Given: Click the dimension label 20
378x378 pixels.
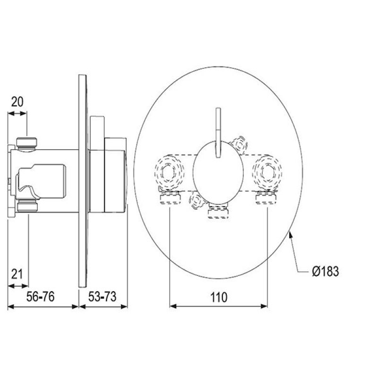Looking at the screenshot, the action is [x=17, y=102].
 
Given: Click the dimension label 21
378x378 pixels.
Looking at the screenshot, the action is [x=17, y=274].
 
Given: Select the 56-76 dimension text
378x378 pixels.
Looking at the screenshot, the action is [x=40, y=296].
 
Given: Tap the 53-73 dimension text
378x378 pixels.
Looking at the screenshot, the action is [x=102, y=296].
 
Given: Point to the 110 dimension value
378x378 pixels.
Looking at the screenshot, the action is [x=219, y=297].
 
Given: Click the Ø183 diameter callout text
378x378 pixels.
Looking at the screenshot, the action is [x=325, y=271].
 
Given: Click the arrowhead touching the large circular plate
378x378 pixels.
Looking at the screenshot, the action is [x=291, y=234].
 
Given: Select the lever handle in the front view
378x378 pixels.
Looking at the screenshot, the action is [x=218, y=133].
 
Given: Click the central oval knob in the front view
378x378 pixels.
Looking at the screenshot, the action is [x=218, y=172].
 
